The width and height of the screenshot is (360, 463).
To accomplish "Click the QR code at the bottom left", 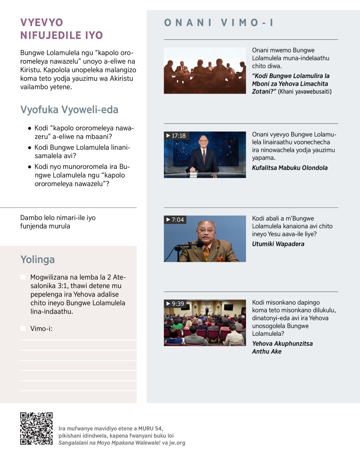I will tap(36, 428).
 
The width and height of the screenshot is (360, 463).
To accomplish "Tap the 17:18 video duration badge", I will tap(176, 136).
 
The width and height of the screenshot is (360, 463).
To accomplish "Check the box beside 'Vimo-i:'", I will tap(23, 329).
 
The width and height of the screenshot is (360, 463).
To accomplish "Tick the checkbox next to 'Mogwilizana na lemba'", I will tap(23, 277).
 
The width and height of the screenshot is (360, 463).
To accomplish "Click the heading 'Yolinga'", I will tap(37, 260).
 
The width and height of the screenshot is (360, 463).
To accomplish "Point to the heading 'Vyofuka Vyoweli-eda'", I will tap(69, 110).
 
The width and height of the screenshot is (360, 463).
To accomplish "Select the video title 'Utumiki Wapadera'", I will tap(278, 244).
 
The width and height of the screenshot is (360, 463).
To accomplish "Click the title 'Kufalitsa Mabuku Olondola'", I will tap(290, 168).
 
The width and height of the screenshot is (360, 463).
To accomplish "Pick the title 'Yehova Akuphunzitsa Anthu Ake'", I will tap(282, 347).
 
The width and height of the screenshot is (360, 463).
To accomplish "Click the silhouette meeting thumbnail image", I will tap(205, 71).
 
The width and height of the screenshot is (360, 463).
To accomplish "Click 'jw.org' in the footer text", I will tap(177, 443).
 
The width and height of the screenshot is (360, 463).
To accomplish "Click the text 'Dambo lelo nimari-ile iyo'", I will tap(58, 218).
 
